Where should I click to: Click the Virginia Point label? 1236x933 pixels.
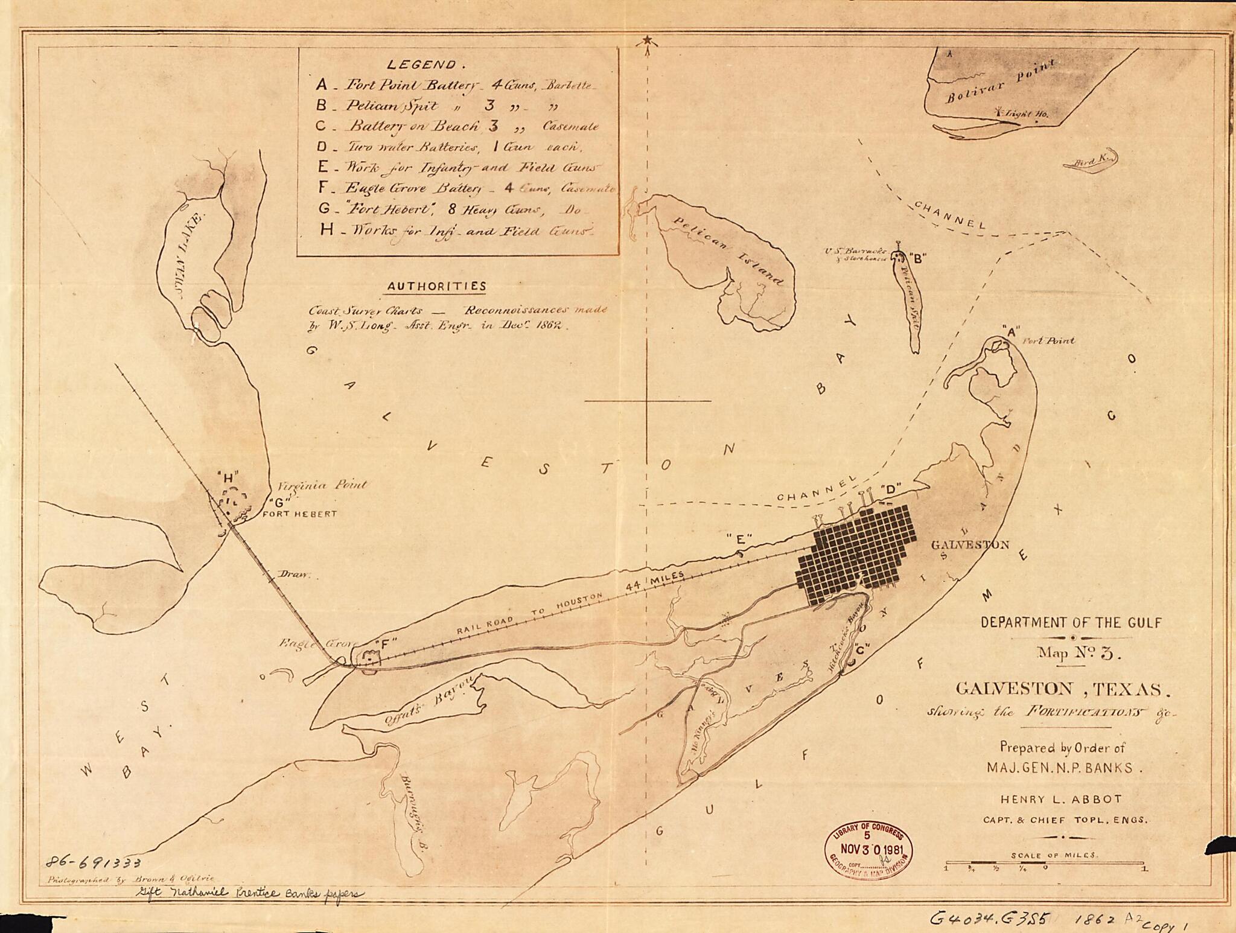click(322, 485)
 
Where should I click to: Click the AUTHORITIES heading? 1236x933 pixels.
click(436, 286)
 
